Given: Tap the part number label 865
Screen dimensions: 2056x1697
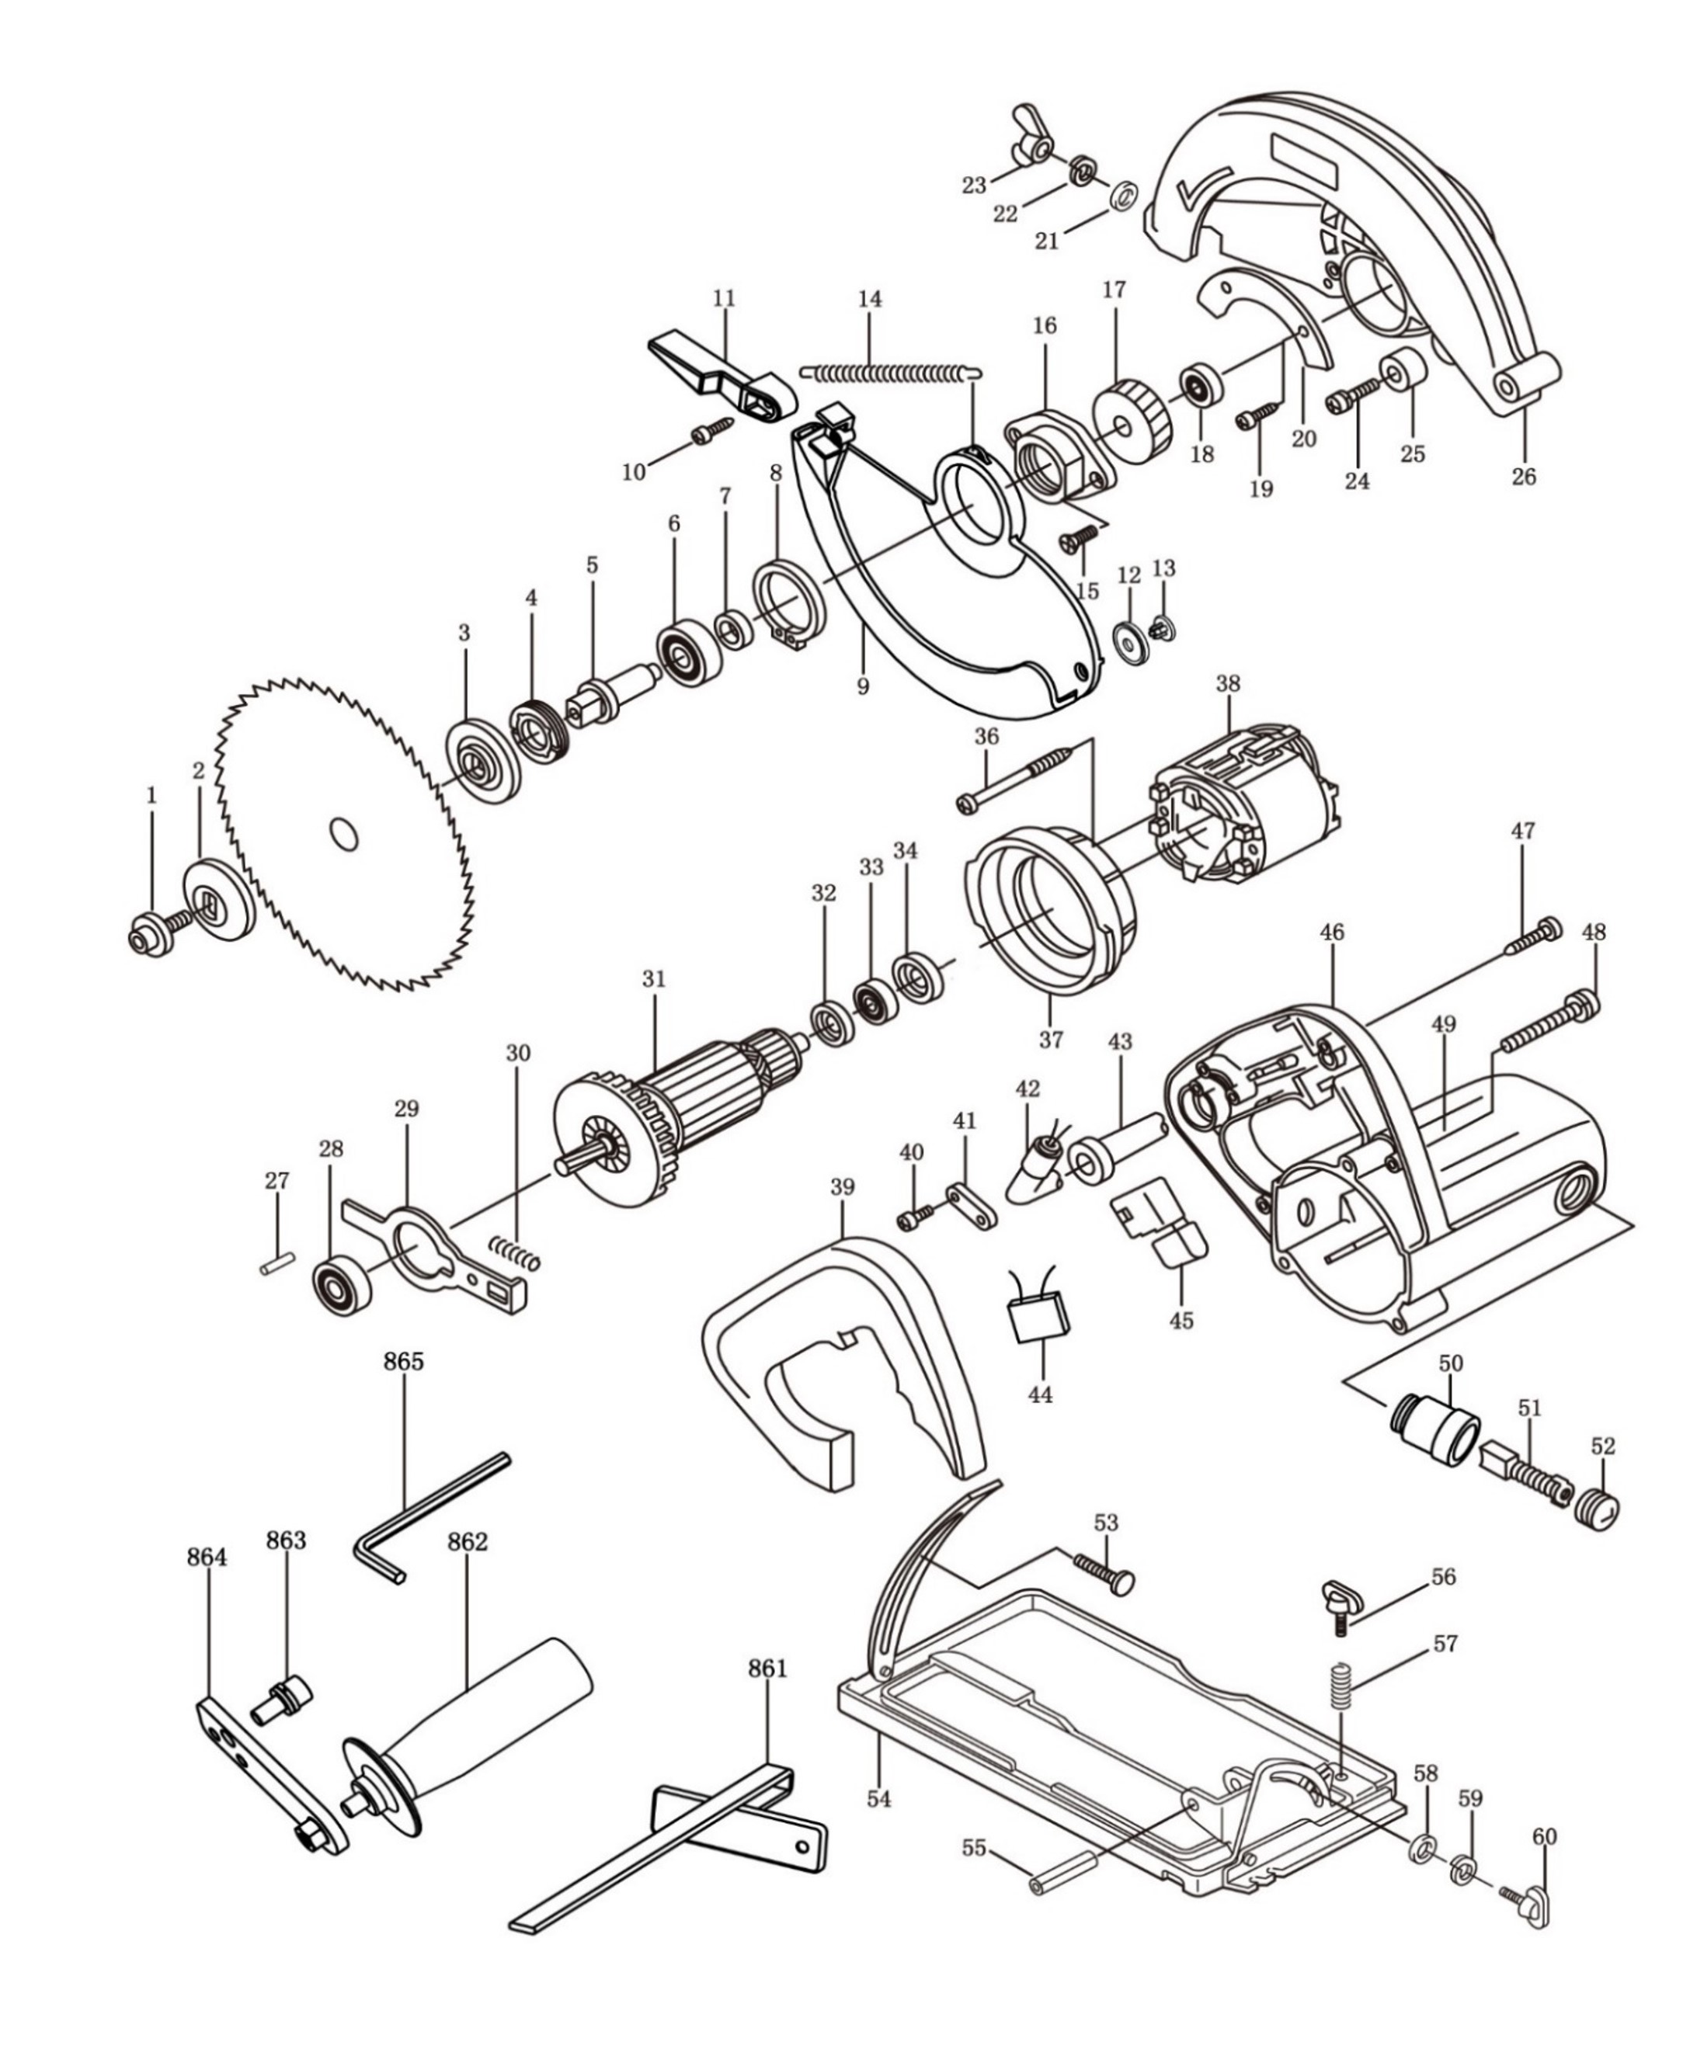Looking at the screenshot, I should point(404,1362).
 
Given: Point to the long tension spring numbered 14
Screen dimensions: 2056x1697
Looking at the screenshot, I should point(889,371).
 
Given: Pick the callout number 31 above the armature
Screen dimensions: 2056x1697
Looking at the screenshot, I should point(654,979).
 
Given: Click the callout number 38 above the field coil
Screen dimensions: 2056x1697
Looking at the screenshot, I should point(1228,684).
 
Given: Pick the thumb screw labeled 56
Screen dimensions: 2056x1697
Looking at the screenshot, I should point(1337,1603).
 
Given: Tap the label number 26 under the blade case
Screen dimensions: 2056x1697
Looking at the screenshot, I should point(1524,477).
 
